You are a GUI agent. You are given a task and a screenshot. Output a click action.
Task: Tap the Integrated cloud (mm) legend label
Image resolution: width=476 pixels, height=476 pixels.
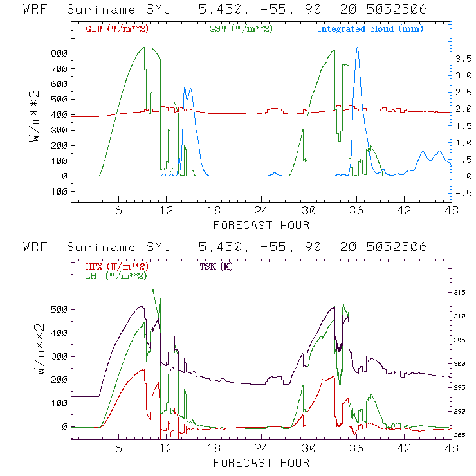coord(371,29)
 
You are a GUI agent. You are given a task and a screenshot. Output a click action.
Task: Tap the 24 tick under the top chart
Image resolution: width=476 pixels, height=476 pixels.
coord(261,211)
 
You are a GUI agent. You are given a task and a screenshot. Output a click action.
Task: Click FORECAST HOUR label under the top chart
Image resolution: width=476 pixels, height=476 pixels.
coord(261,225)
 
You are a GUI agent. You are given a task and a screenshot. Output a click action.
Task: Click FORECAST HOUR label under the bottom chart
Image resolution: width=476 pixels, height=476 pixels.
coord(261,463)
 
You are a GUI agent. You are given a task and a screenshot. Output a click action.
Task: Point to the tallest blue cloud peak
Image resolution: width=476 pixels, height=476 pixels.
coord(358,48)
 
